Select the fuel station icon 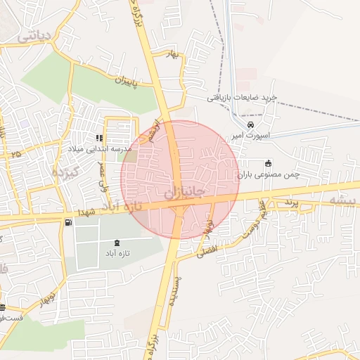pyautogui.click(x=67, y=223)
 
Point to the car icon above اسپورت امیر pyautogui.click(x=241, y=124)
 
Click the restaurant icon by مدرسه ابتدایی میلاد pyautogui.click(x=98, y=139)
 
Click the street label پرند pyautogui.click(x=291, y=202)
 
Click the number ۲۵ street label pyautogui.click(x=15, y=153)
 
